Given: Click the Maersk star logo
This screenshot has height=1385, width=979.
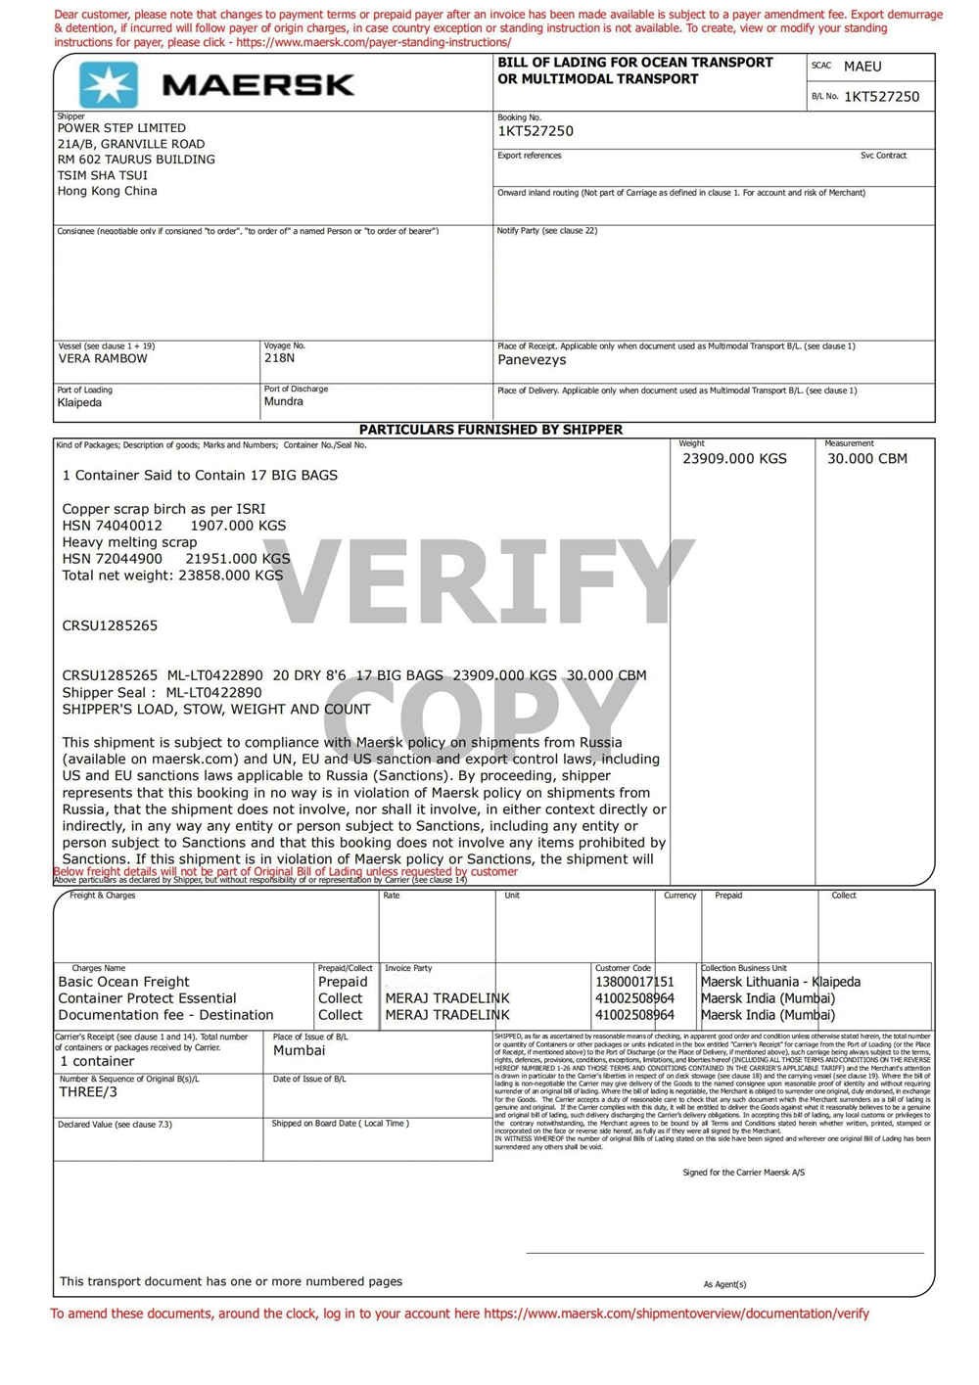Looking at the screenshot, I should tap(108, 84).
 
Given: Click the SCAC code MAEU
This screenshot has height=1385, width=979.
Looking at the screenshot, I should tap(862, 67).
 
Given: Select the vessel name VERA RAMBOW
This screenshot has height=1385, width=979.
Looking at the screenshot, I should tap(103, 359).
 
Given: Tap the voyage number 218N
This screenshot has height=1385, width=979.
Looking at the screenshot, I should tap(279, 358).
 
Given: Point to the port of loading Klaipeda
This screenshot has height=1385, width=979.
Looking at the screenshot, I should tap(79, 402).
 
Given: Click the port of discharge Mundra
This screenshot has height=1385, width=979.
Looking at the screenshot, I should tap(283, 401).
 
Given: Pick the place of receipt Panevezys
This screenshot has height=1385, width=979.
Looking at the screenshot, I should tap(532, 360).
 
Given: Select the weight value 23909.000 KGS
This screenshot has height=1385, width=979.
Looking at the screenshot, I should tap(734, 459).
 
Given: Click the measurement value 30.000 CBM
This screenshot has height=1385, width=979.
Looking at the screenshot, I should tap(866, 459).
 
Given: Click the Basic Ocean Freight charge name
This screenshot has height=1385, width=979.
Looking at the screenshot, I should tap(124, 982).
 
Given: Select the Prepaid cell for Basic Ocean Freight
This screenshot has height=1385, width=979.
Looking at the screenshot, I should tap(343, 982).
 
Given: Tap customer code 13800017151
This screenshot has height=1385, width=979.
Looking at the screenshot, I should tap(634, 982).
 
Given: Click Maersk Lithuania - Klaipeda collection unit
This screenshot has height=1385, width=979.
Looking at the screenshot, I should tap(780, 982).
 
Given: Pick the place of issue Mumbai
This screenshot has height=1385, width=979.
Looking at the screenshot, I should tap(299, 1050).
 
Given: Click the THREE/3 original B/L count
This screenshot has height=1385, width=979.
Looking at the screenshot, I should tap(88, 1092).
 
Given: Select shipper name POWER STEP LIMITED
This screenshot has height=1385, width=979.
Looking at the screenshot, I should tap(121, 128).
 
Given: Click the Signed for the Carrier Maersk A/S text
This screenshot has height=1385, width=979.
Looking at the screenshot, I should tap(743, 1173).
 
